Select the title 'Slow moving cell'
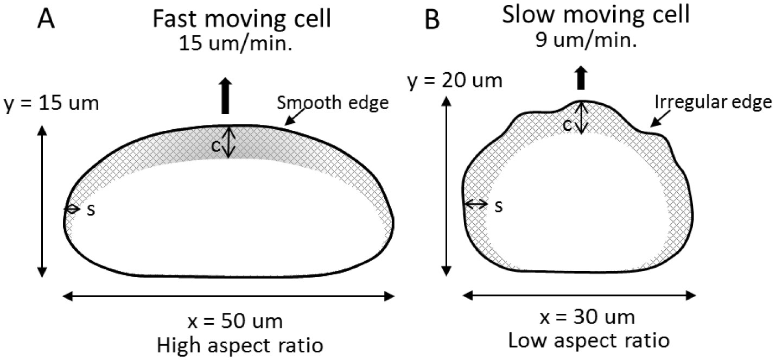tap(596, 15)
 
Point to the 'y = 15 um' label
tap(52, 103)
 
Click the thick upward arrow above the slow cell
tap(581, 78)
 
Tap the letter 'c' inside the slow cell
tap(566, 125)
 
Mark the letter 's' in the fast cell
tap(91, 210)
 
